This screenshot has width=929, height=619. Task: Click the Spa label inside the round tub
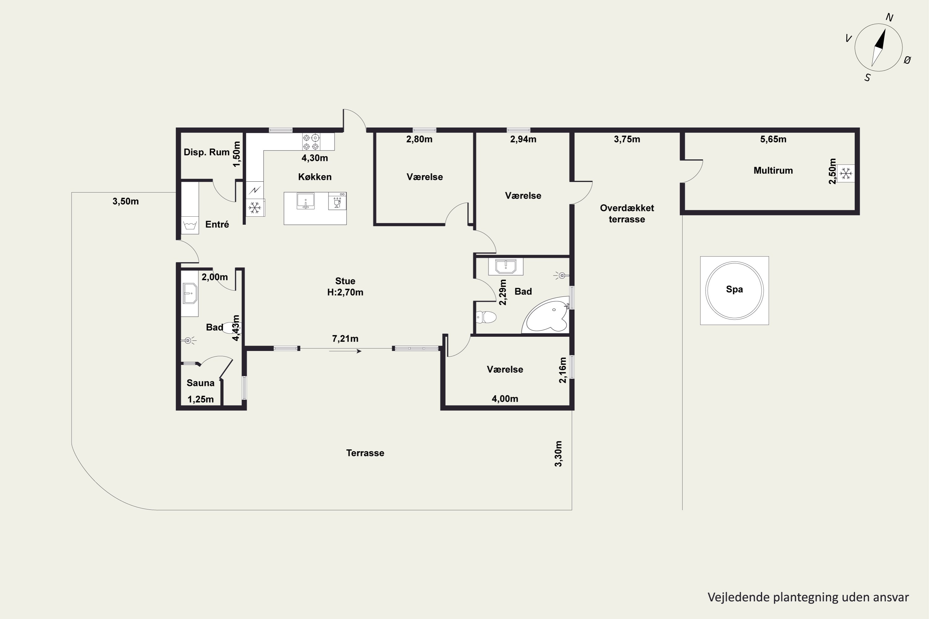tap(734, 289)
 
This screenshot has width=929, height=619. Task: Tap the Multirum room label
tap(773, 171)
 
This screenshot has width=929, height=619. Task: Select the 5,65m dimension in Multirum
tap(773, 139)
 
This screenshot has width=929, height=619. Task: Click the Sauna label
tap(200, 383)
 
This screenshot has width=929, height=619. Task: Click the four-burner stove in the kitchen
tap(311, 142)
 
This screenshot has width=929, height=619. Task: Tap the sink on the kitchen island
tap(305, 201)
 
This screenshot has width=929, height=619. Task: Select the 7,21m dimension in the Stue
tap(345, 339)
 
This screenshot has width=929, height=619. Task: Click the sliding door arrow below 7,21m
tap(345, 351)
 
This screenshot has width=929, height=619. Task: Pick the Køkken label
tap(315, 177)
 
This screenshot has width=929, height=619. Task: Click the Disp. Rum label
tap(207, 152)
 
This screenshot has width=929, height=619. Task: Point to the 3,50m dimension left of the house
tap(126, 201)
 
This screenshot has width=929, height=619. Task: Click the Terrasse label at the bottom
tap(365, 453)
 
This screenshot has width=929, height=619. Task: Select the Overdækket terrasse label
tap(627, 214)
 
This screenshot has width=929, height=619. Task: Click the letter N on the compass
tap(889, 17)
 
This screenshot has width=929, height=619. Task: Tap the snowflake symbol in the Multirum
tap(846, 173)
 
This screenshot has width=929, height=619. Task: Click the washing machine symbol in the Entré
tap(190, 225)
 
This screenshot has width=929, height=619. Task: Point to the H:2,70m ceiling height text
tap(345, 292)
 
